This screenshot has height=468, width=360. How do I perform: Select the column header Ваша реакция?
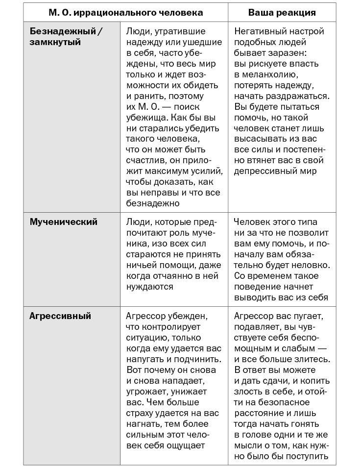click(282, 12)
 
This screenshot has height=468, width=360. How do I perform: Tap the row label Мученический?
click(64, 222)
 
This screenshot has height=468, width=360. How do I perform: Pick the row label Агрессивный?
click(60, 316)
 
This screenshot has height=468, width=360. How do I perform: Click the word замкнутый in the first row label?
click(55, 43)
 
